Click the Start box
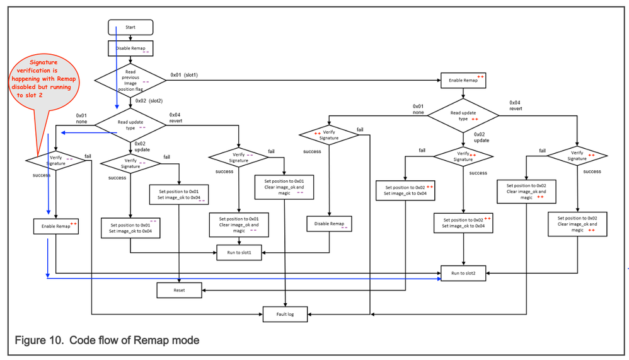click(x=130, y=27)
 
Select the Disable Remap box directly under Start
click(x=130, y=48)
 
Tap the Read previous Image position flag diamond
click(x=130, y=80)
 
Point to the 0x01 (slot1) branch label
click(x=184, y=75)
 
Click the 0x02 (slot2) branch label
click(x=149, y=100)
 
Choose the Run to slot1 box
click(x=239, y=253)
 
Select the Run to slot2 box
click(x=463, y=273)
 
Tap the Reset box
click(x=179, y=290)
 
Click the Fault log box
click(x=286, y=313)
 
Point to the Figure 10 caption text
click(x=107, y=340)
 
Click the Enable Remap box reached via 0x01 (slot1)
click(x=463, y=81)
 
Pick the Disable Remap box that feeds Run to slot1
click(x=328, y=224)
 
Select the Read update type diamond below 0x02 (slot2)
click(x=130, y=124)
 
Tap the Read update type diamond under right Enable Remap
click(x=463, y=115)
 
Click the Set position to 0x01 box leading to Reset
click(x=179, y=194)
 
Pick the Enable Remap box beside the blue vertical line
click(x=55, y=226)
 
